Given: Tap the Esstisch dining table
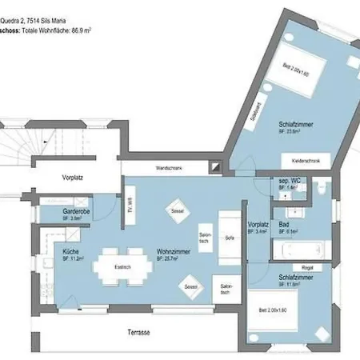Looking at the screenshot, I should (x=122, y=267).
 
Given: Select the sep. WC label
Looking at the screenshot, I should (x=288, y=180).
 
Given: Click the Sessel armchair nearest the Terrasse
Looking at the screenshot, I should (x=190, y=286).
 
